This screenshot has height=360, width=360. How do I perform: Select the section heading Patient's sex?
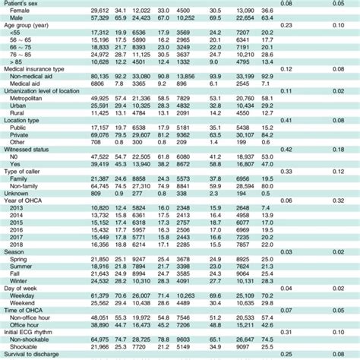pos(24,4)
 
